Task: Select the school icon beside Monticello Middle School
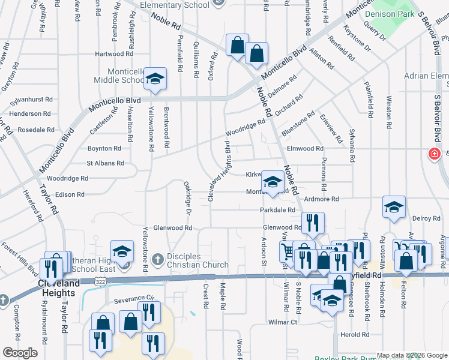click(155, 79)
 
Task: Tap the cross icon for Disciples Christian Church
click(157, 260)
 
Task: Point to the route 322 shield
click(104, 280)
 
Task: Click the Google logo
click(20, 353)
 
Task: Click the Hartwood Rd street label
click(109, 54)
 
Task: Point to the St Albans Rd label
click(105, 163)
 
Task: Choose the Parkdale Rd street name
click(277, 210)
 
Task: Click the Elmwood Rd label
click(305, 148)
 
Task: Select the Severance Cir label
click(131, 298)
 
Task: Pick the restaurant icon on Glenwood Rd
click(312, 224)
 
